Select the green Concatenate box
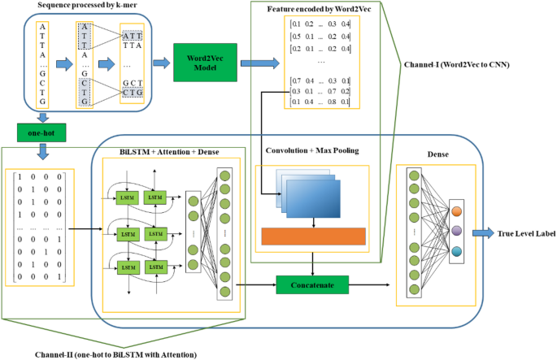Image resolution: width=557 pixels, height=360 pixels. tap(311, 284)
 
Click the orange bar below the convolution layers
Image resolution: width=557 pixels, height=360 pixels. tap(314, 236)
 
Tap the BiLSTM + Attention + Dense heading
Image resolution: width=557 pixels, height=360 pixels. tap(171, 152)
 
